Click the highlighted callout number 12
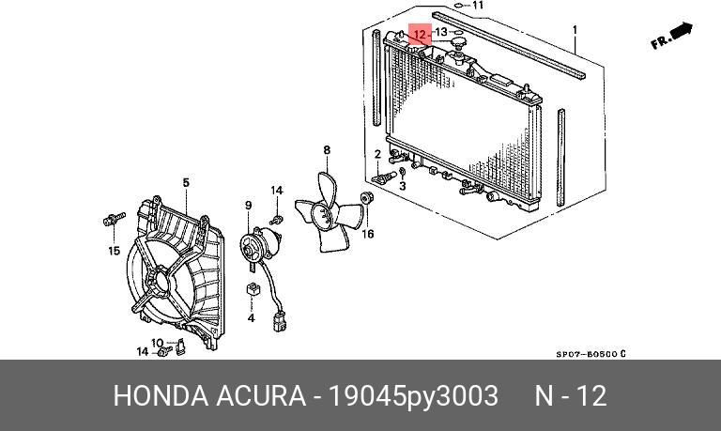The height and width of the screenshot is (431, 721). click(420, 36)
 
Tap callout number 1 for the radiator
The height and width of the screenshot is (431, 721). click(575, 30)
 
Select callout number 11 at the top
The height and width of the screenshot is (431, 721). click(478, 6)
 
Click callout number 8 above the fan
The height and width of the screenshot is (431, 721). click(327, 150)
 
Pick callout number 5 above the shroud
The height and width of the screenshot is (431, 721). click(186, 182)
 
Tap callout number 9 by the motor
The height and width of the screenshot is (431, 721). click(249, 206)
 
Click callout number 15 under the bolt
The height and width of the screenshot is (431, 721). click(114, 251)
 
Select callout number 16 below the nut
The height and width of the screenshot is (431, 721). click(368, 234)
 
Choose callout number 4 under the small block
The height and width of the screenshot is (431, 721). click(252, 318)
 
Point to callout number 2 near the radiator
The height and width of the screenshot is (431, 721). click(377, 154)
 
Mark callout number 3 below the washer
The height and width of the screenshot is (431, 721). click(402, 187)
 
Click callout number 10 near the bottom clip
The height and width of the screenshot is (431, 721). click(157, 343)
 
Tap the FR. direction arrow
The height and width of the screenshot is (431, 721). click(671, 38)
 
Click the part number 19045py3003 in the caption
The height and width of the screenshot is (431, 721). click(413, 396)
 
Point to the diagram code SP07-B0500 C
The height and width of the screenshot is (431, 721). click(590, 354)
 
